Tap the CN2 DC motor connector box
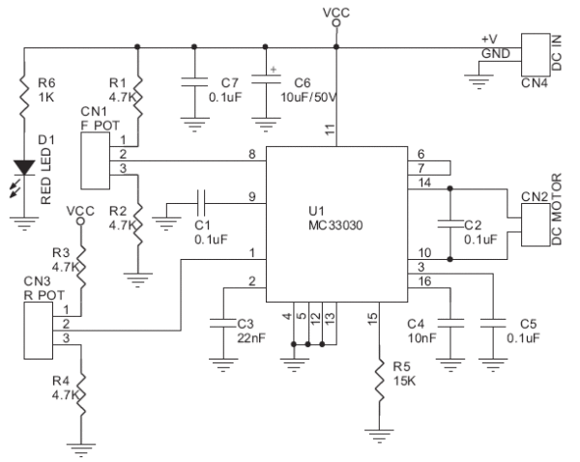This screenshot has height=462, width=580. [530, 221]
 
